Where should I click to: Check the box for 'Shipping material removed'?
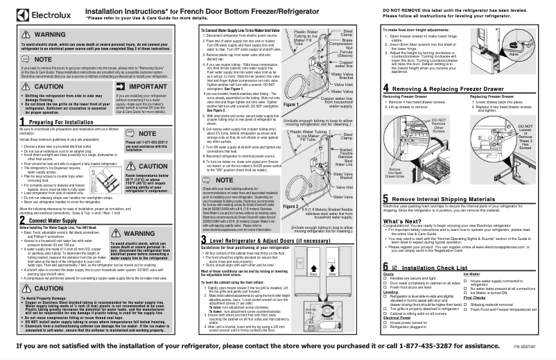coord(464,304)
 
